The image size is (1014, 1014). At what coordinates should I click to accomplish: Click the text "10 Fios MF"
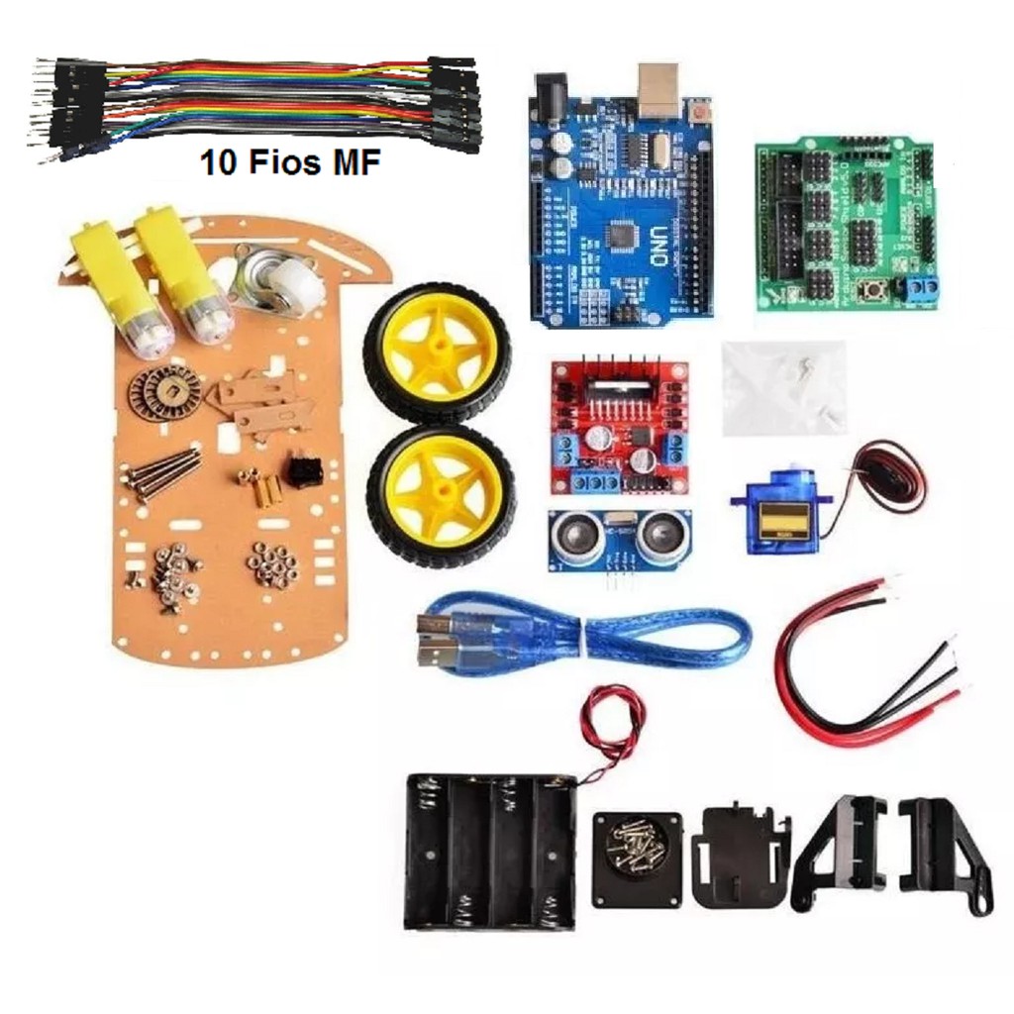click(290, 163)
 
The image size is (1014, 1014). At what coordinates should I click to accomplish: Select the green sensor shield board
click(844, 224)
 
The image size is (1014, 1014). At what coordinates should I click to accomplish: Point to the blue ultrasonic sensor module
click(621, 542)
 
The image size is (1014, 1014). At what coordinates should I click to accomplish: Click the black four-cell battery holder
click(488, 852)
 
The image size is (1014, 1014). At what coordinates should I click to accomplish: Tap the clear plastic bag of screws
click(783, 386)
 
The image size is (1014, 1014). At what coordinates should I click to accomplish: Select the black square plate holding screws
click(637, 858)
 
